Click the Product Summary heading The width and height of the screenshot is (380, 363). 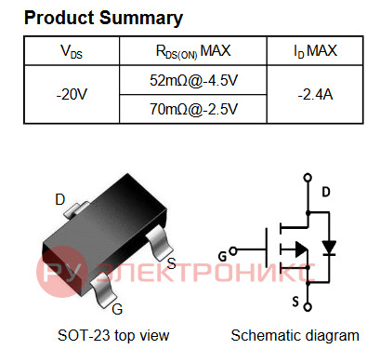(103, 18)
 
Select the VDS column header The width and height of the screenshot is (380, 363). (72, 51)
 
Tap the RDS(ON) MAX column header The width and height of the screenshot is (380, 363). (193, 51)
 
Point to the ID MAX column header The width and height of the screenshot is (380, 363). (315, 51)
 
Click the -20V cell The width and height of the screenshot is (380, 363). (72, 94)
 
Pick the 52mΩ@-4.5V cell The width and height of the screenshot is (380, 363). (193, 80)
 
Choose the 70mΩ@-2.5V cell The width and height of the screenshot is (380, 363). (193, 109)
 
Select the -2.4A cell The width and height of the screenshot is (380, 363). (315, 94)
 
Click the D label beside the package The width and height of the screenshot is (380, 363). (60, 199)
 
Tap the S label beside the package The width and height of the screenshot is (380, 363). (171, 263)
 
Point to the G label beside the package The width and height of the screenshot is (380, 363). (117, 309)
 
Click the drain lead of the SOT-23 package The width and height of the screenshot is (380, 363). (75, 209)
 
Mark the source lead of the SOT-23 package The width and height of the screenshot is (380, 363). (159, 243)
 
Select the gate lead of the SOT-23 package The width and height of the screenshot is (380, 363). (103, 290)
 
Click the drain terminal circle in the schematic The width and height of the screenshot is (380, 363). (308, 178)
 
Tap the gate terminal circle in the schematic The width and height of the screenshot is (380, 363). (233, 250)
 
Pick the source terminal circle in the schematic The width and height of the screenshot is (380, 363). (308, 307)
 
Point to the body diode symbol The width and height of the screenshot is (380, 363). (329, 249)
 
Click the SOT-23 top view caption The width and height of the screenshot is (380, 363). (113, 335)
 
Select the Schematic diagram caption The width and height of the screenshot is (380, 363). (295, 335)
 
